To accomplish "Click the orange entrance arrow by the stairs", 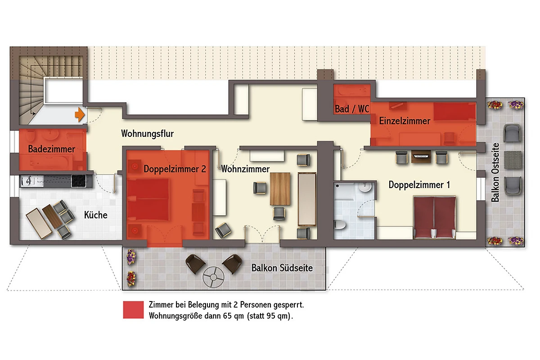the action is pos(80,115).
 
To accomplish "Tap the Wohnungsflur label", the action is pos(147,134).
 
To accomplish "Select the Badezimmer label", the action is pos(52,149).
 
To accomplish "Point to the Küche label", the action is pos(96,215).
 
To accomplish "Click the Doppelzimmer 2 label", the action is pos(175,169).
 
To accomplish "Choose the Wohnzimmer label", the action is pos(245,169).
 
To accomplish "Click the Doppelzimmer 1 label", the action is pos(419,185).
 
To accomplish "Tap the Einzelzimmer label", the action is pos(405,121).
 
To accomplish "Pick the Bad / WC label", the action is pos(352,109).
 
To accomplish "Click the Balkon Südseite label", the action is pos(282,268).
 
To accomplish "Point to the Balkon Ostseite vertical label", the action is pos(495,172).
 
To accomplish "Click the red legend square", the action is pos(133,310).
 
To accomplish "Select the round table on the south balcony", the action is pos(213,277).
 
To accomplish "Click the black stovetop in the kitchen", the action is pos(79,181).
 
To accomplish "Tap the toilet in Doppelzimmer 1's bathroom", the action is pos(340,225).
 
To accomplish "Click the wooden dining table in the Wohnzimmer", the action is pos(280,189).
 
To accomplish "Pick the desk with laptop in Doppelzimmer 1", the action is pos(421,157).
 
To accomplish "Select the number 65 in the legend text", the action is pos(227,316).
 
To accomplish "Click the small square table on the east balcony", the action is pos(513,160).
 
